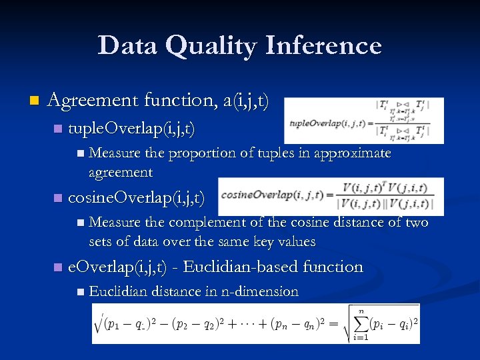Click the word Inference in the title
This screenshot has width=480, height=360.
click(x=325, y=47)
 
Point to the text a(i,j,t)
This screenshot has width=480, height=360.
click(x=247, y=101)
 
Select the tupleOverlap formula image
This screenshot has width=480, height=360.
click(x=363, y=121)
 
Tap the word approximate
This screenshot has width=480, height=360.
click(x=347, y=153)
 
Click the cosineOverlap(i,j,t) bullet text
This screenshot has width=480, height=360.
click(x=136, y=198)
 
